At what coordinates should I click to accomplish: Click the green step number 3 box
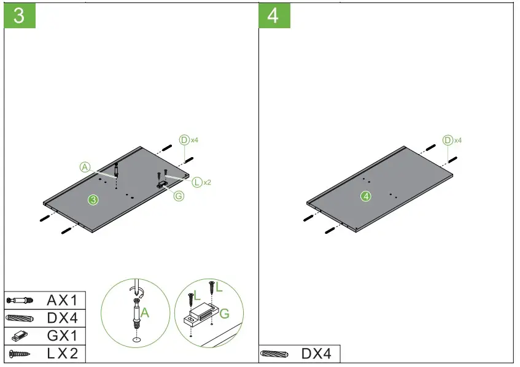click(20, 15)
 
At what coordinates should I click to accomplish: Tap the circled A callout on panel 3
click(85, 167)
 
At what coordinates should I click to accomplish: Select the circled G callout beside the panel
click(179, 196)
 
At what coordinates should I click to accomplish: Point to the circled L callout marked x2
click(196, 182)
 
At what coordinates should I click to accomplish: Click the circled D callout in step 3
click(184, 140)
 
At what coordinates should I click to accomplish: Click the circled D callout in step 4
click(448, 141)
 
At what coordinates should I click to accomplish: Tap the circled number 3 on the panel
click(93, 199)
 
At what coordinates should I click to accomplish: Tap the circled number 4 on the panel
click(366, 196)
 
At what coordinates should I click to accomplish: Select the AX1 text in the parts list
click(62, 300)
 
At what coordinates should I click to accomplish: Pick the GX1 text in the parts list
click(62, 336)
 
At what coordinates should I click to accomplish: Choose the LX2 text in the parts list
click(62, 353)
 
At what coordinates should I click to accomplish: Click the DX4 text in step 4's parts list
click(316, 353)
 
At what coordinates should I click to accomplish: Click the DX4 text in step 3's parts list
click(62, 318)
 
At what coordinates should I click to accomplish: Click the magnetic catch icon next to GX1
click(20, 336)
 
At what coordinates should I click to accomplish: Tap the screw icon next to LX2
click(20, 353)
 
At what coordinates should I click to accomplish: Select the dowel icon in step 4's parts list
click(274, 353)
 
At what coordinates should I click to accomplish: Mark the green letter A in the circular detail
click(145, 312)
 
